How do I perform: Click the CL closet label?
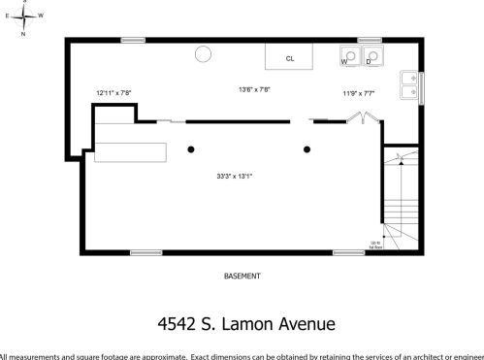pos(289,58)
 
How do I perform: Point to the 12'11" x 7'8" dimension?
pos(113,93)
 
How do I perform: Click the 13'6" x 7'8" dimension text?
pos(254,89)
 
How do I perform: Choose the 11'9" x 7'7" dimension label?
pos(358,93)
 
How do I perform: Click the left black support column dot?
pos(191,148)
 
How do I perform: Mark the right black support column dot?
pos(307,148)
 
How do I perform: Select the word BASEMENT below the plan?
pos(242,276)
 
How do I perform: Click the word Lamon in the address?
pos(247,323)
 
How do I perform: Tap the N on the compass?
pos(22,33)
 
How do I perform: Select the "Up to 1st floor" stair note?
pos(374,245)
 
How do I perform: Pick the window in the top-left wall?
pos(133,40)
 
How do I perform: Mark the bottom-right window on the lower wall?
pos(348,252)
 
